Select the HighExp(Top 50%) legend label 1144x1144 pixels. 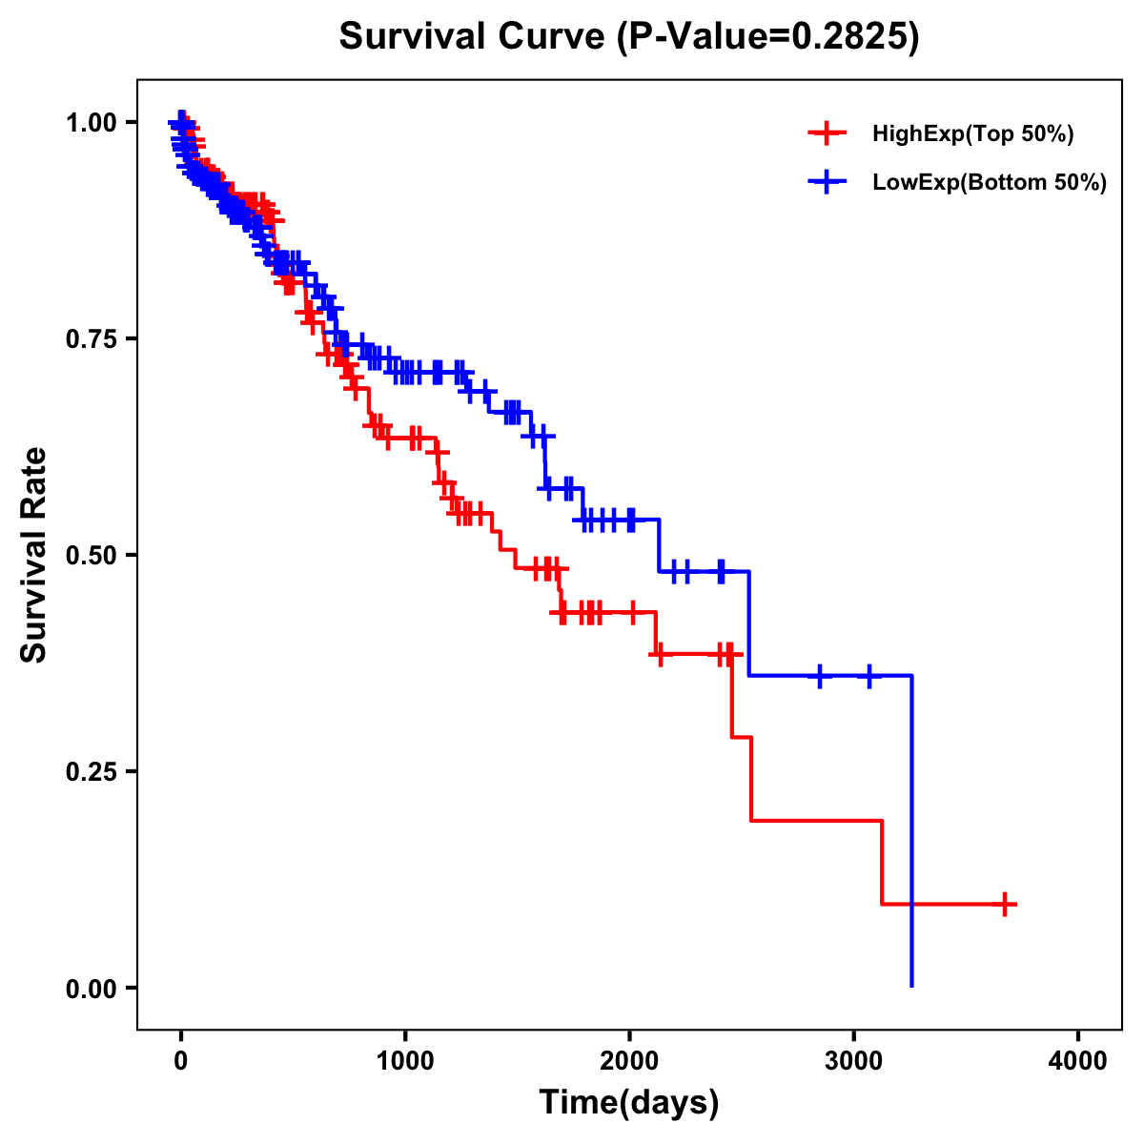coord(973,134)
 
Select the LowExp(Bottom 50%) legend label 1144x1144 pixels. coord(990,183)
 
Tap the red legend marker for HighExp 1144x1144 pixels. coord(827,133)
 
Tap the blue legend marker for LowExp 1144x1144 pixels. coord(827,182)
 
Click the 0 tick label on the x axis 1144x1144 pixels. coord(181,1061)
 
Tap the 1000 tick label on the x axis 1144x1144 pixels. coord(405,1061)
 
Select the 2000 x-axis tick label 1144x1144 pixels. coord(629,1061)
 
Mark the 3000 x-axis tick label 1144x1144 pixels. coord(854,1061)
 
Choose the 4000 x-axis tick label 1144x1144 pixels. coord(1078,1061)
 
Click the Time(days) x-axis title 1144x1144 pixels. coord(629,1103)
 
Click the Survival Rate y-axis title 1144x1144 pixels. coord(34,555)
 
